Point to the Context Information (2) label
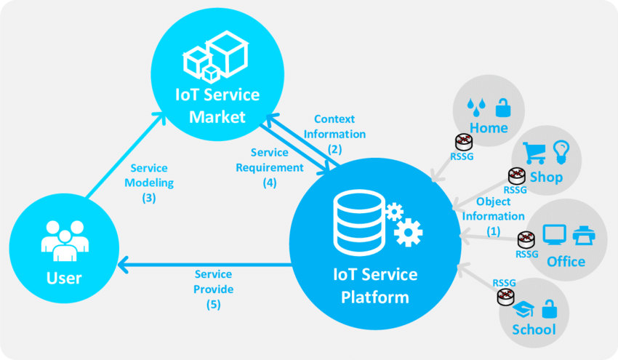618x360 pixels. [x=334, y=134]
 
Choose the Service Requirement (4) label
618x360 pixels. [x=270, y=167]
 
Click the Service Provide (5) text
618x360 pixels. [x=213, y=289]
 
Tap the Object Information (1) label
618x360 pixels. [x=494, y=216]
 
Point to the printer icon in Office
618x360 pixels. [x=584, y=235]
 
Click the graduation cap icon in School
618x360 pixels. [x=521, y=310]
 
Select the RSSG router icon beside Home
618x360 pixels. [x=461, y=142]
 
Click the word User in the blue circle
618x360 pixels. [x=64, y=277]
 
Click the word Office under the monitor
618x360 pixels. [x=566, y=261]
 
